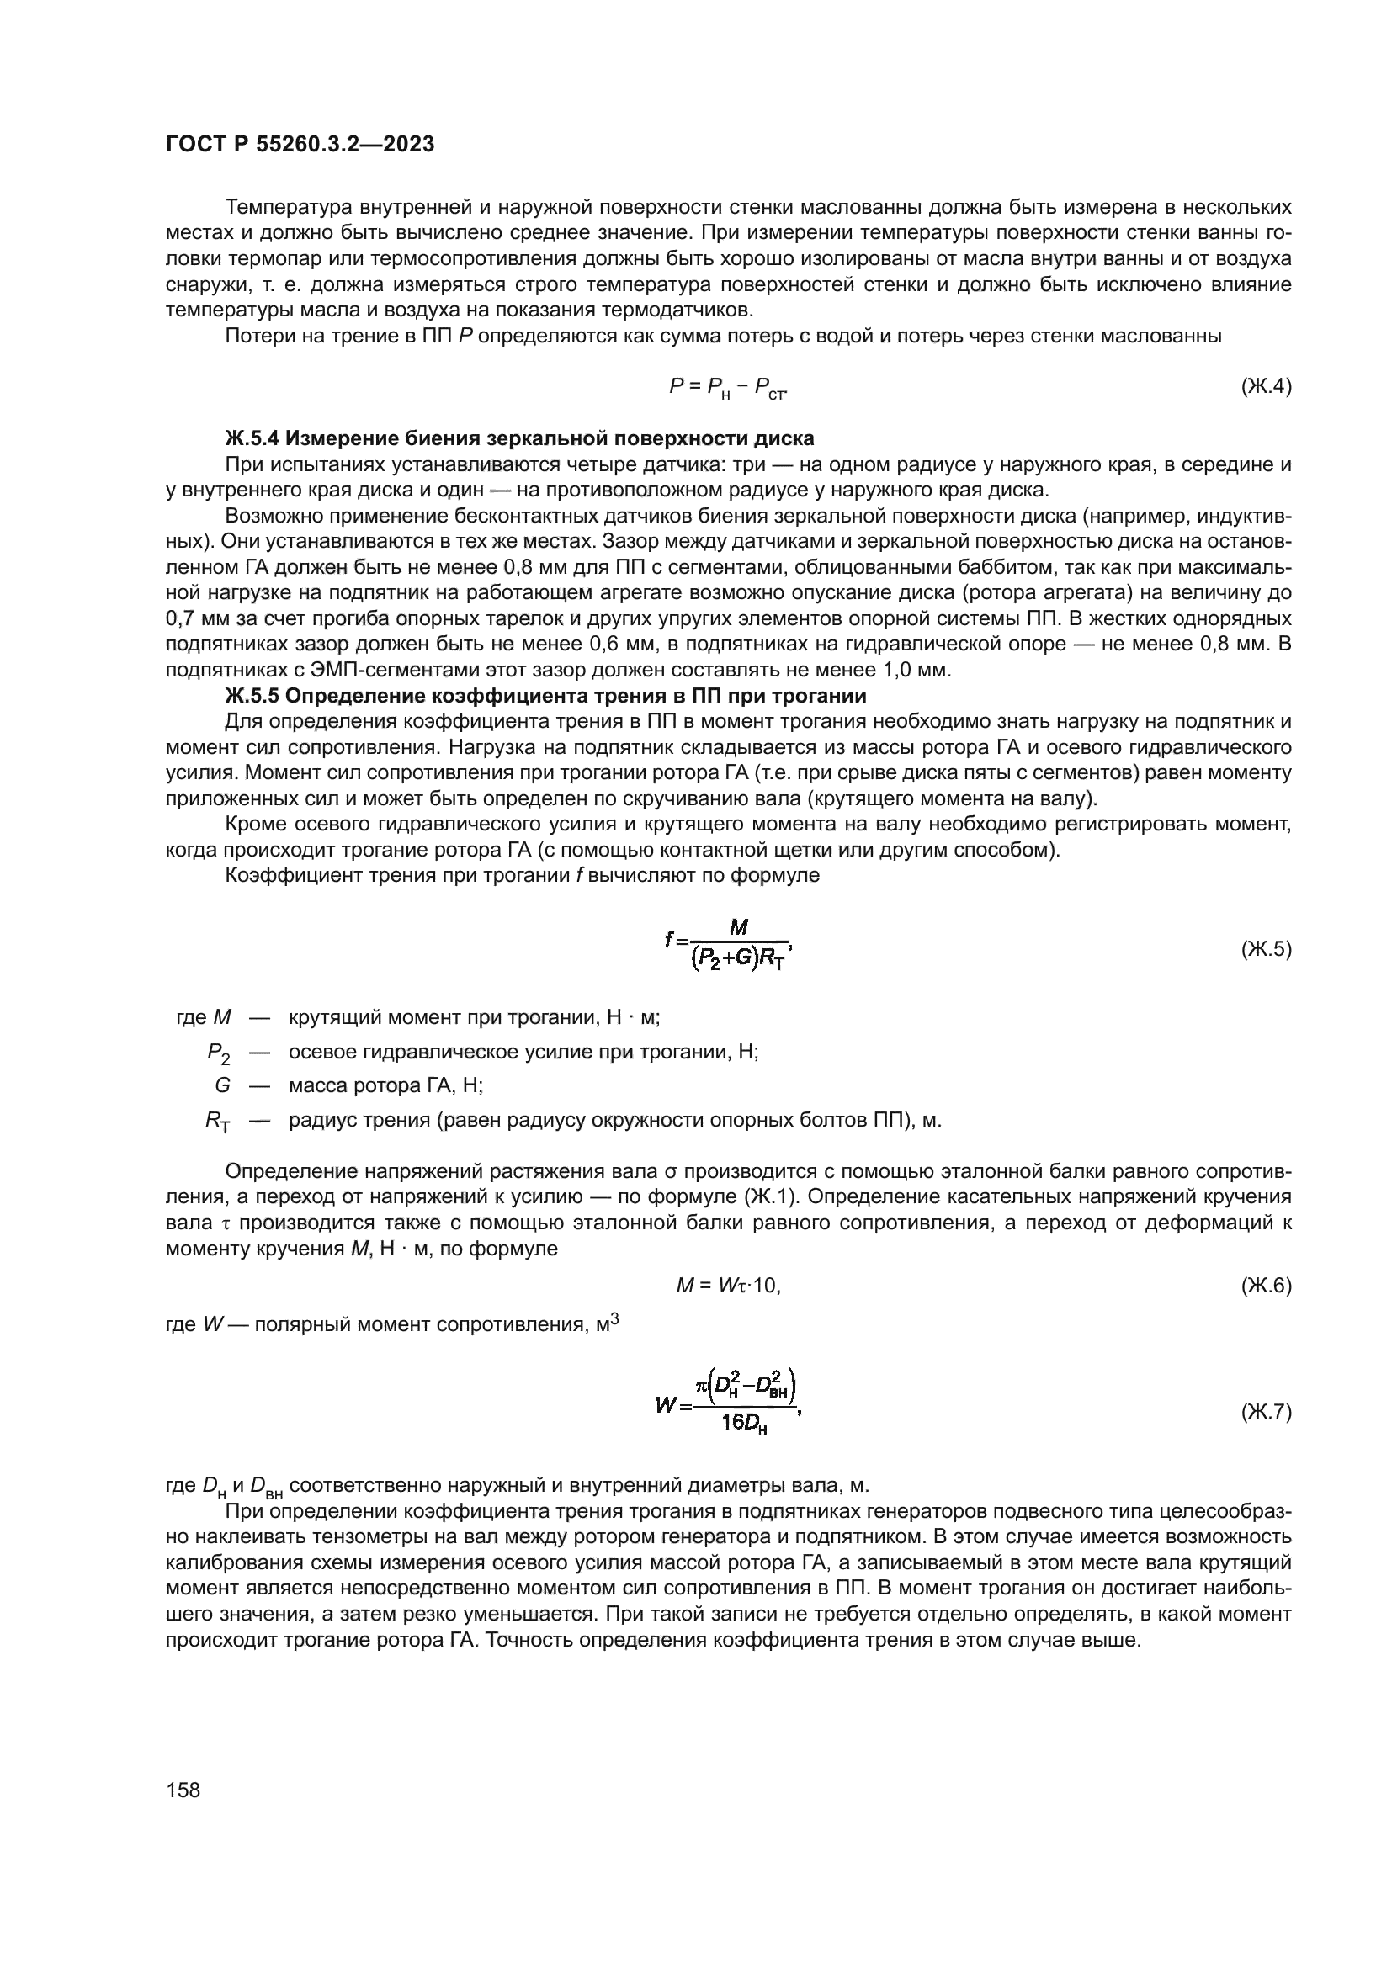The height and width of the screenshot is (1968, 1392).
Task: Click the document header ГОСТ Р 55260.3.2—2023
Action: click(300, 145)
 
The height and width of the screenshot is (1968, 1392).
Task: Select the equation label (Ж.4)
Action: click(1265, 386)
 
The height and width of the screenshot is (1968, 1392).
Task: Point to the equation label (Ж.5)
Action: click(1265, 949)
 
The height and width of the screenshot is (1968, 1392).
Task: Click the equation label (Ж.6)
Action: click(1265, 1286)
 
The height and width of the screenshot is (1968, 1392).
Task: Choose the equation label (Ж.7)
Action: click(1265, 1412)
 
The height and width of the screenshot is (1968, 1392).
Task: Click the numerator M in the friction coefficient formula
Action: click(739, 927)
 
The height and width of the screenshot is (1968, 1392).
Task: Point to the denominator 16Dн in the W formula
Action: click(744, 1424)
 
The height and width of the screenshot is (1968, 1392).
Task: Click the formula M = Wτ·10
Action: click(728, 1286)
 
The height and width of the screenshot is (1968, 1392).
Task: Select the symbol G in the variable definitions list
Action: click(222, 1086)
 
